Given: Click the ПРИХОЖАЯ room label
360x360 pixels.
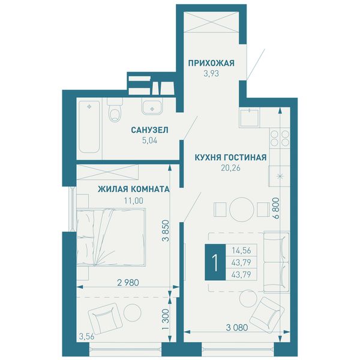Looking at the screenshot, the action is pos(211,63).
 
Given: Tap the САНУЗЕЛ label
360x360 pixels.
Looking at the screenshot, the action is pos(149,130).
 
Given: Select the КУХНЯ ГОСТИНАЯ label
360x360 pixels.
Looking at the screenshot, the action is pos(230,157).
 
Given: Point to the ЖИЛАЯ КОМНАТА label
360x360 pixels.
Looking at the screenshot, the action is pos(134,189).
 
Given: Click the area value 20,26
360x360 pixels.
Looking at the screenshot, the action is pos(230,168).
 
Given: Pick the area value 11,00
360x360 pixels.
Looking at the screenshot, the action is pos(134,200).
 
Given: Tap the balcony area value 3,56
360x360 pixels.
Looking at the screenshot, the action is pos(87,337).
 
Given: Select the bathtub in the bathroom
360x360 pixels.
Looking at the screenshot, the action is pos(89,127).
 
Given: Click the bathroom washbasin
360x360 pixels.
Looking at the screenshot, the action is pos(152,107).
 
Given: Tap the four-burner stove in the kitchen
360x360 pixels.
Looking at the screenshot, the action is pos(280,138).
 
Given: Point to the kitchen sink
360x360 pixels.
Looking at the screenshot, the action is pos(250,117).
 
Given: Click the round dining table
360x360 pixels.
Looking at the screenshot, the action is pos(242,209).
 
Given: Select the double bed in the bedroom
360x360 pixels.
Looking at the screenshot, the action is pos(111,238).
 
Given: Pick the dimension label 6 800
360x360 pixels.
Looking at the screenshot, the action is pos(277,208).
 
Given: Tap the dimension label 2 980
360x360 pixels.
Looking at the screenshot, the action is pos(128,283).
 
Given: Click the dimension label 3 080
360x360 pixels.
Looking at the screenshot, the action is pos(237,328).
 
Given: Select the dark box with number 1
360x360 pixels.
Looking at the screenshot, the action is pos(215,262).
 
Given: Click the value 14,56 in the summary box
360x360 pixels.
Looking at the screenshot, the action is pos(241,250).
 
